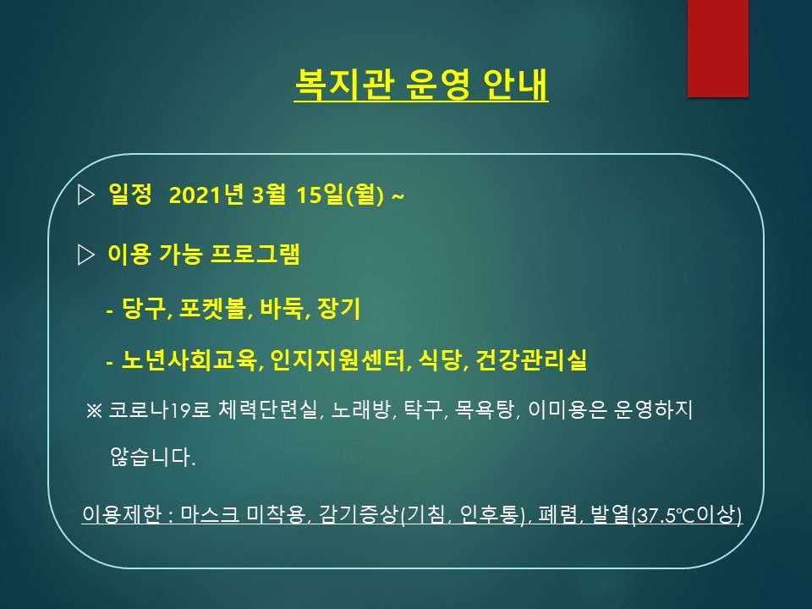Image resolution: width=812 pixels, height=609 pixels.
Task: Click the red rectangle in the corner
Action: [x=718, y=48]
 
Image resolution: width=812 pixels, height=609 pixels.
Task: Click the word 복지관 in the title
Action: [x=345, y=84]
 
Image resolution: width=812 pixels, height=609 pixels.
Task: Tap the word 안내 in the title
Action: [x=515, y=84]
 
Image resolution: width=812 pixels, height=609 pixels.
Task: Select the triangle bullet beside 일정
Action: [x=85, y=195]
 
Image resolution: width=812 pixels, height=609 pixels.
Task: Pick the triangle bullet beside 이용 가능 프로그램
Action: [x=85, y=255]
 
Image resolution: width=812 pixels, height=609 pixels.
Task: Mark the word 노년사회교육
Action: [x=189, y=360]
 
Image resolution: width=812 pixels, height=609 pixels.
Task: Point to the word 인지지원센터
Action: [x=337, y=360]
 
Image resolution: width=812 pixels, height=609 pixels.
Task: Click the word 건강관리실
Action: [x=531, y=360]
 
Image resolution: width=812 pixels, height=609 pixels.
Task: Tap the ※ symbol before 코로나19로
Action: [x=94, y=411]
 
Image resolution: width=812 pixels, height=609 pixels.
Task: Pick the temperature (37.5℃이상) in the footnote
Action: [x=687, y=515]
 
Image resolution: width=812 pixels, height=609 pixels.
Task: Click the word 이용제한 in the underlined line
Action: [x=122, y=514]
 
